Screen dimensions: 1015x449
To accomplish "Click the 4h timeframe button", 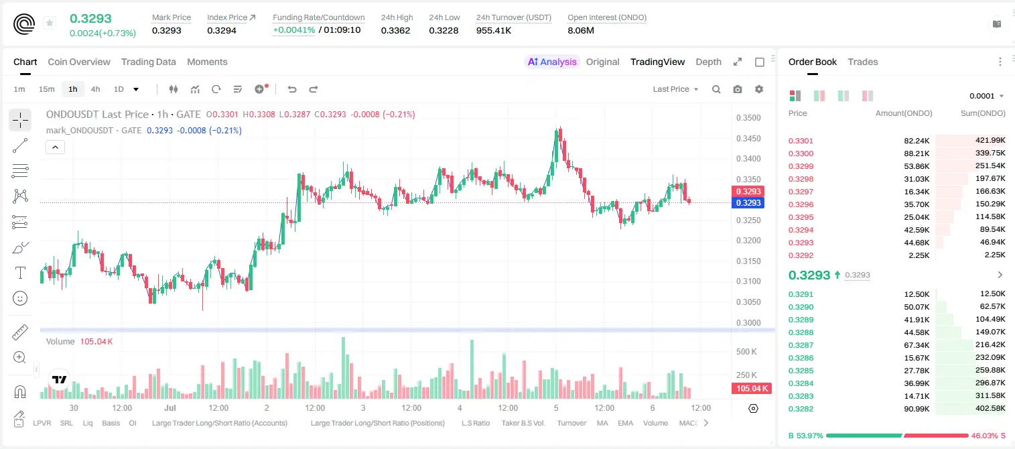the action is pyautogui.click(x=95, y=89).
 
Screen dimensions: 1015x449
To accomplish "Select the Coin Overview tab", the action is pyautogui.click(x=79, y=62).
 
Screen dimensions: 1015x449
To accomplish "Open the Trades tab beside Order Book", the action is pyautogui.click(x=863, y=62).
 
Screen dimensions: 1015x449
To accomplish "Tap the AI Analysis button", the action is pyautogui.click(x=552, y=62).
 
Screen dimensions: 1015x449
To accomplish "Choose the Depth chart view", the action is pyautogui.click(x=708, y=62).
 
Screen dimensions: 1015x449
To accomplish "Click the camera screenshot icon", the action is pyautogui.click(x=738, y=89).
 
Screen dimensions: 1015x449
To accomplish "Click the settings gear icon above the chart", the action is pyautogui.click(x=759, y=89).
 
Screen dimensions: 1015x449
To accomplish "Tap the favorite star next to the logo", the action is pyautogui.click(x=50, y=23).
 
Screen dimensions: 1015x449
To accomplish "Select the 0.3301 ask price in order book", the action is pyautogui.click(x=801, y=141).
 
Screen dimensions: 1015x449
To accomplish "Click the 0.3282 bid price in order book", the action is pyautogui.click(x=801, y=409).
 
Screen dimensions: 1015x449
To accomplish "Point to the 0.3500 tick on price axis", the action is pyautogui.click(x=748, y=118).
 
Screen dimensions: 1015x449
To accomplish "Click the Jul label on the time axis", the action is pyautogui.click(x=170, y=407).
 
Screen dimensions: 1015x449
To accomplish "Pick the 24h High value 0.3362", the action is pyautogui.click(x=395, y=30).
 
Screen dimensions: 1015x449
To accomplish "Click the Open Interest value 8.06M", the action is pyautogui.click(x=581, y=30).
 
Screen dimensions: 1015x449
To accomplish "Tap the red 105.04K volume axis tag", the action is pyautogui.click(x=751, y=388).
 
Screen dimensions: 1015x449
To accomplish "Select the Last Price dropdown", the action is pyautogui.click(x=675, y=89).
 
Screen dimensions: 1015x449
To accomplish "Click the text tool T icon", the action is pyautogui.click(x=20, y=273).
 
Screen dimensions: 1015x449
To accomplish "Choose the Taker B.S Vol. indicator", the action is pyautogui.click(x=523, y=423).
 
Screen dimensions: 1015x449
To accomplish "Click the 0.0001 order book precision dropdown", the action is pyautogui.click(x=986, y=96).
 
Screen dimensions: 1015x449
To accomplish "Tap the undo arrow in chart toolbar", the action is pyautogui.click(x=292, y=89).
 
